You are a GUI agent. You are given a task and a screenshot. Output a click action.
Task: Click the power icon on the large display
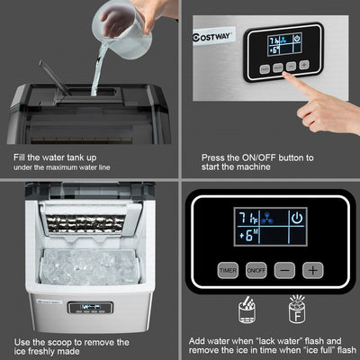coord(298,217)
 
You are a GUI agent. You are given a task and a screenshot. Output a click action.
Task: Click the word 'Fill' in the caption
coord(22,157)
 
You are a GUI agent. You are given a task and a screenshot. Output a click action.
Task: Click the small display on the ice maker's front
coord(91,308)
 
